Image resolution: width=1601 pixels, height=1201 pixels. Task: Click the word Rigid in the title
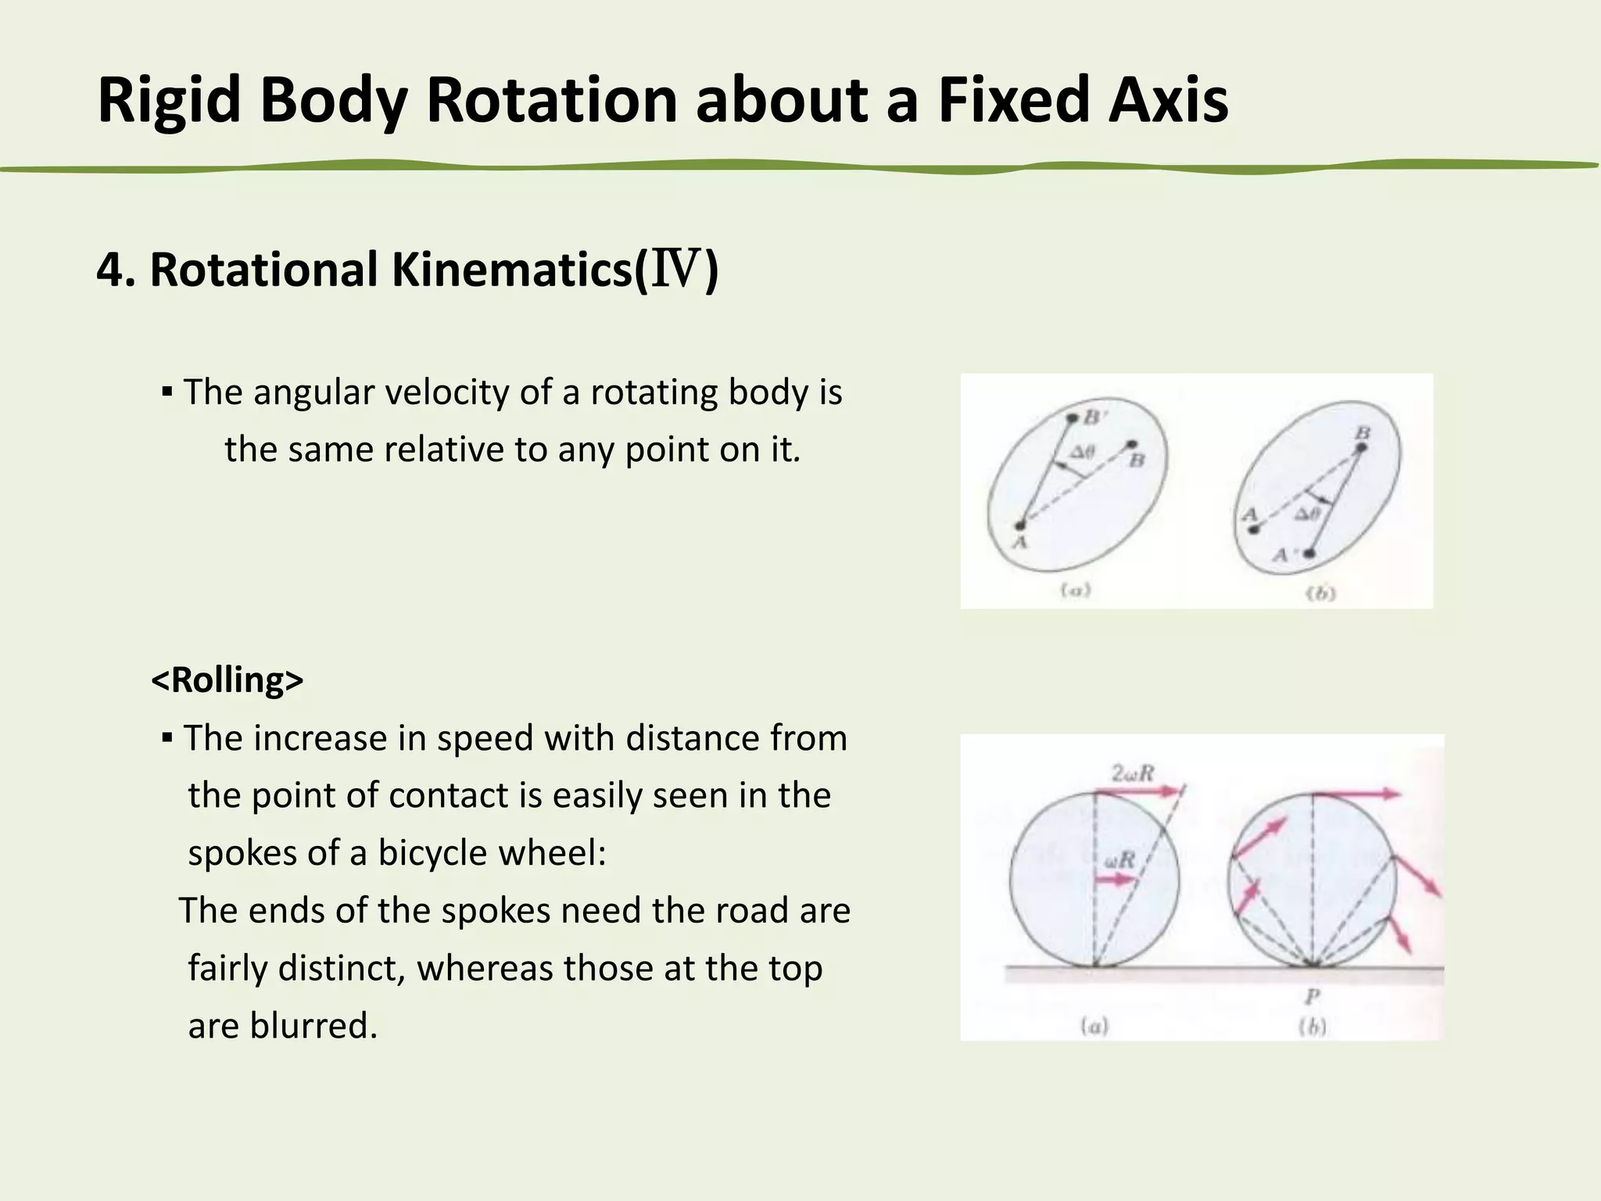pyautogui.click(x=169, y=100)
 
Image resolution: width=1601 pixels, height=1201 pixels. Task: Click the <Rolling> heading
pyautogui.click(x=227, y=679)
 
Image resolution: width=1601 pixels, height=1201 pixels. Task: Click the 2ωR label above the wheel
pyautogui.click(x=1134, y=773)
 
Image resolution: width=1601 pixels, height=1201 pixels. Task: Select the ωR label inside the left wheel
pyautogui.click(x=1120, y=860)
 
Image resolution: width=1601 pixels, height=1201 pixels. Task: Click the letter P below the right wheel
pyautogui.click(x=1312, y=996)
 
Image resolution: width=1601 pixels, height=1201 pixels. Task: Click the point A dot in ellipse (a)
pyautogui.click(x=1019, y=525)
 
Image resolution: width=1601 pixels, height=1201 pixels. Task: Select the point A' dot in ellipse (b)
pyautogui.click(x=1310, y=554)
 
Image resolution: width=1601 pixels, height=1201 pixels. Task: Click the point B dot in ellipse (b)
pyautogui.click(x=1361, y=447)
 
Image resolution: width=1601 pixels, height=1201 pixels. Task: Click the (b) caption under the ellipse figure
pyautogui.click(x=1321, y=593)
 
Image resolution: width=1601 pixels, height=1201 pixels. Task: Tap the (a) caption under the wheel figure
pyautogui.click(x=1094, y=1026)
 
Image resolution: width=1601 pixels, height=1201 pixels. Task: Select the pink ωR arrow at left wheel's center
pyautogui.click(x=1115, y=880)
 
